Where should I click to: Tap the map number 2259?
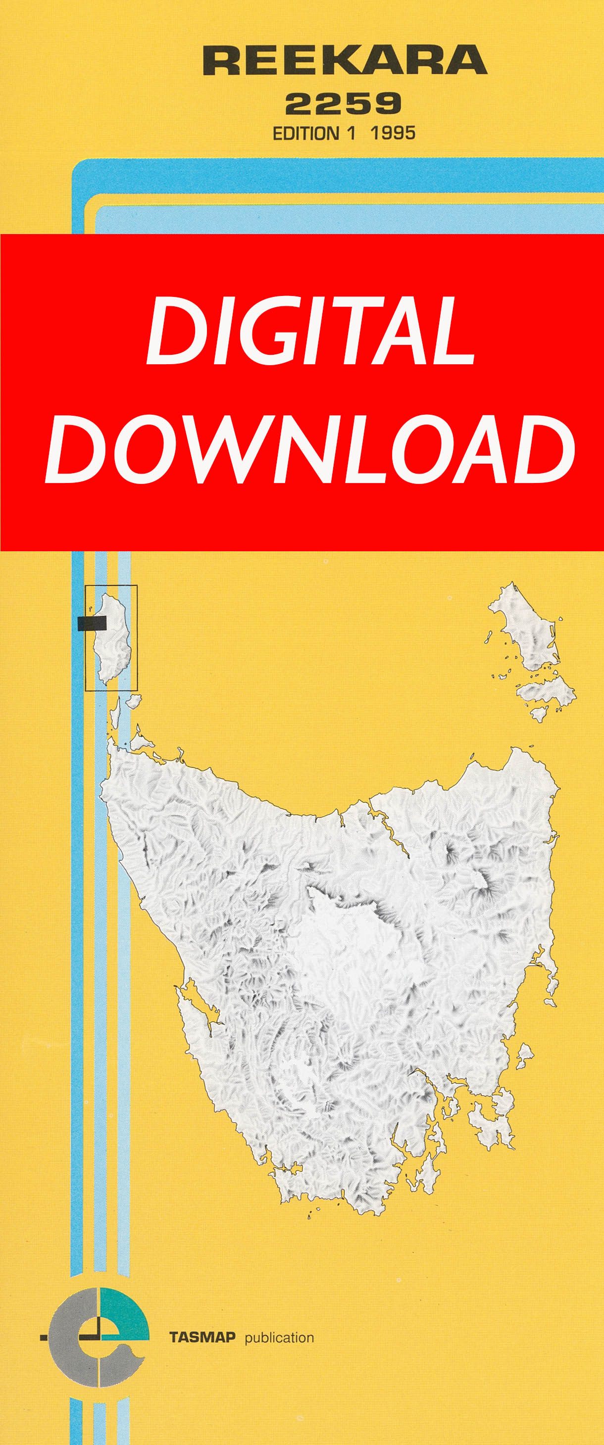coord(343,104)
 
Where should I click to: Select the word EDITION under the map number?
coord(305,134)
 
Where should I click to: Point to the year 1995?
coord(393,133)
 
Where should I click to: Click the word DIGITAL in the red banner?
coord(310,331)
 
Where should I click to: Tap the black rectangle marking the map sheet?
coord(92,623)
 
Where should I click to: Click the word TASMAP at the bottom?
coord(202,1337)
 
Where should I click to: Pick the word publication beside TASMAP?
coord(279,1338)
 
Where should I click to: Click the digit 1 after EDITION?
coord(352,134)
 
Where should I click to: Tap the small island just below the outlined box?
coord(133,701)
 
